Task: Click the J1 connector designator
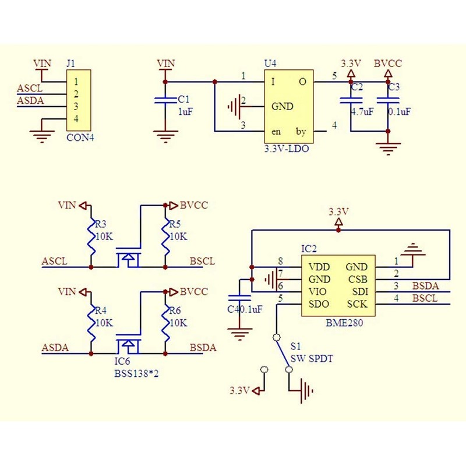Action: pyautogui.click(x=71, y=62)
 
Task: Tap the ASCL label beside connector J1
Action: pyautogui.click(x=30, y=89)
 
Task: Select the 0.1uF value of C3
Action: pyautogui.click(x=400, y=111)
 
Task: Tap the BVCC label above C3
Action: pyautogui.click(x=387, y=62)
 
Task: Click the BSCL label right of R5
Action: pyautogui.click(x=202, y=262)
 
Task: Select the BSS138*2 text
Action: pyautogui.click(x=137, y=373)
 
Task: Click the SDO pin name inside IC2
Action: pyautogui.click(x=319, y=303)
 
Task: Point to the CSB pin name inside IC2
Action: pyautogui.click(x=356, y=279)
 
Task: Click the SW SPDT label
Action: pyautogui.click(x=312, y=358)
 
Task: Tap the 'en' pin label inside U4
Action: pyautogui.click(x=276, y=132)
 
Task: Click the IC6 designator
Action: pyautogui.click(x=122, y=361)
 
